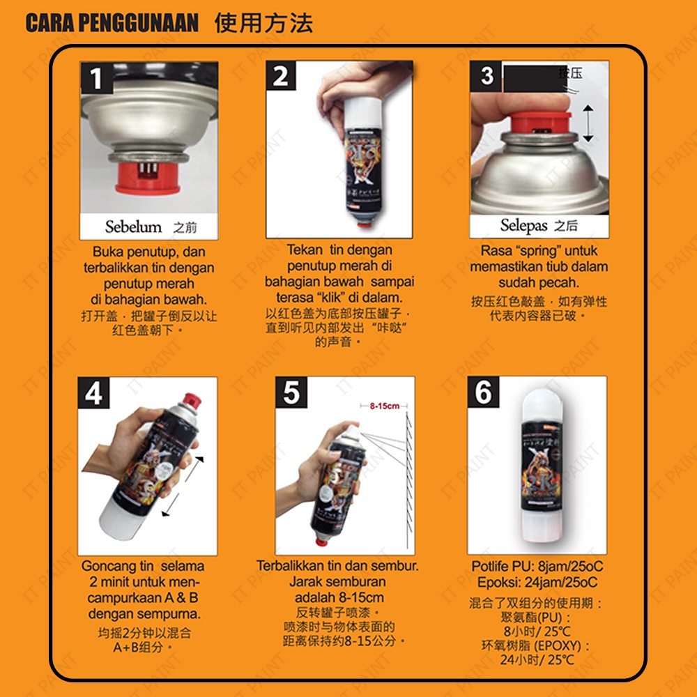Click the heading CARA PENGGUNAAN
(x=112, y=23)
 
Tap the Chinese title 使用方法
(x=263, y=23)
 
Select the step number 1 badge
(x=96, y=78)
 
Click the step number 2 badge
(x=281, y=75)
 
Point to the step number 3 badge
(x=486, y=76)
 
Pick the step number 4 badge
(x=94, y=393)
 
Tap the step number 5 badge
(x=291, y=392)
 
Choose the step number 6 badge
(x=483, y=392)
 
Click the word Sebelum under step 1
(x=133, y=227)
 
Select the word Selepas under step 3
(x=523, y=225)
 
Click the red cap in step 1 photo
(x=148, y=178)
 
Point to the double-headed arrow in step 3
(x=588, y=123)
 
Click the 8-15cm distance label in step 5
(x=385, y=406)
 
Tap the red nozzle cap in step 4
(x=192, y=399)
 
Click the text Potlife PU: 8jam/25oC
(x=537, y=566)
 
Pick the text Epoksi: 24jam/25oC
(x=537, y=582)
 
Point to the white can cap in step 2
(x=363, y=114)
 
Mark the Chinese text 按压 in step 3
(x=570, y=73)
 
